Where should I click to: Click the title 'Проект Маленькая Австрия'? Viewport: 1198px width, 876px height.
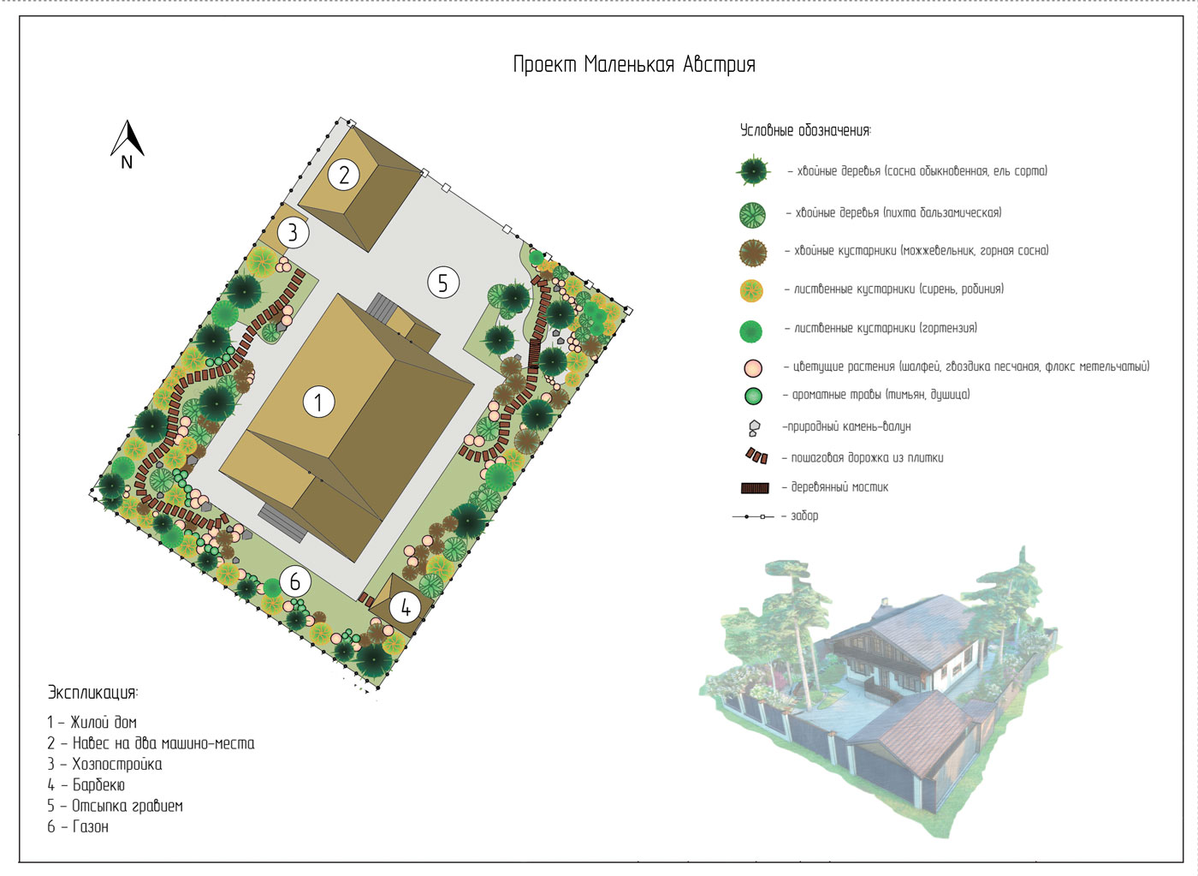click(x=634, y=65)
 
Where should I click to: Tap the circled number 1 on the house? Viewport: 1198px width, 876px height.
click(x=318, y=402)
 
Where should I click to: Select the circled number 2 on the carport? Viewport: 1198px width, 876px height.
click(x=344, y=175)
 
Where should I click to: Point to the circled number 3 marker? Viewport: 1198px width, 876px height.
click(x=293, y=233)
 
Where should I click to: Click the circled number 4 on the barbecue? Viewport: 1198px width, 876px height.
click(x=406, y=608)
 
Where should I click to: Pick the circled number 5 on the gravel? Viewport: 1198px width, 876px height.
click(x=443, y=282)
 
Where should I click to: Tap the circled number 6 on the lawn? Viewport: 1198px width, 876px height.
click(x=294, y=581)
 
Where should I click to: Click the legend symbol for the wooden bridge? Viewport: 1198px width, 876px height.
click(x=755, y=488)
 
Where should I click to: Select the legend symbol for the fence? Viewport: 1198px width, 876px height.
click(x=752, y=517)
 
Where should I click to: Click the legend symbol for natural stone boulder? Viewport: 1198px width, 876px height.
click(x=754, y=427)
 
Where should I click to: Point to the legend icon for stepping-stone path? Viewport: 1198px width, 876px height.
click(x=756, y=456)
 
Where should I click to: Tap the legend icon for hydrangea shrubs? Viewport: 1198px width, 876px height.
click(x=751, y=331)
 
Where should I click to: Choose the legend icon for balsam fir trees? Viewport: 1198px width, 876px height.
click(x=752, y=215)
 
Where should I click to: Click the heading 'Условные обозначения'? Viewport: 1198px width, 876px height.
click(x=805, y=130)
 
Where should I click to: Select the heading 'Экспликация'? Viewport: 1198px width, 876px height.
click(x=92, y=693)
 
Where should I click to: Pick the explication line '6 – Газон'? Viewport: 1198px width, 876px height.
click(x=78, y=827)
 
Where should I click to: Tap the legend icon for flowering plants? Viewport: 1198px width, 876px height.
click(x=753, y=367)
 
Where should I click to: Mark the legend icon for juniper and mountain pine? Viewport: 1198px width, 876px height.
click(x=753, y=253)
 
